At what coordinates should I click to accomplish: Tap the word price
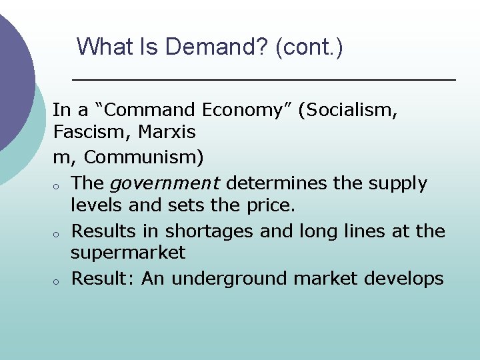[271, 205]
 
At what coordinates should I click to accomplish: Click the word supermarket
[128, 253]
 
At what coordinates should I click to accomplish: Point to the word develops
[403, 278]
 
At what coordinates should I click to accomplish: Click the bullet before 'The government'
[58, 185]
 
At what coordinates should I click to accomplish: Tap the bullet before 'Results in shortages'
[58, 233]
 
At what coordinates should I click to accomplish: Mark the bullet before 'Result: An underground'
[58, 280]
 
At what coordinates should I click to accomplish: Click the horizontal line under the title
[263, 79]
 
